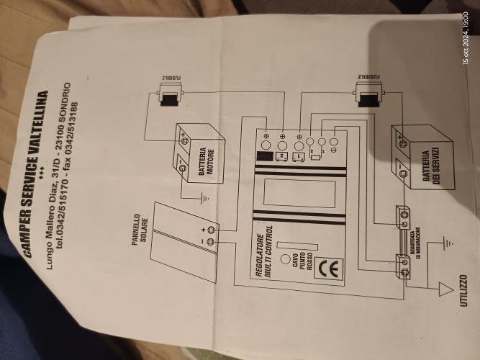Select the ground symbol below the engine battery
205,197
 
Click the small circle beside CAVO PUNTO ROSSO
286,258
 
